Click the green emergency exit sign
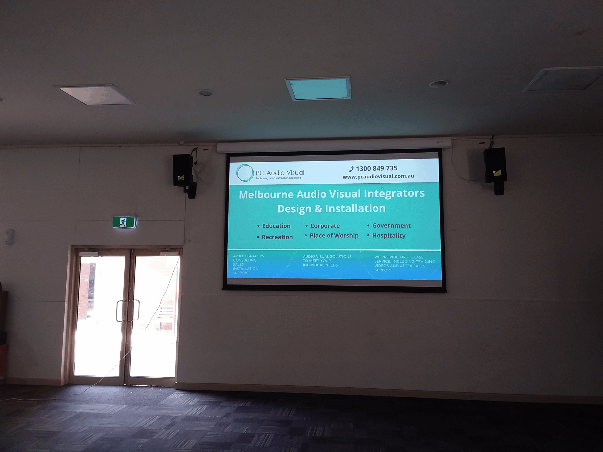[124, 222]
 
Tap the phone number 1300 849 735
[376, 168]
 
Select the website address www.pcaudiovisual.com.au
[378, 176]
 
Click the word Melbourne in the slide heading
[266, 194]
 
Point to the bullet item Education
[276, 226]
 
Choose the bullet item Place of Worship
[334, 235]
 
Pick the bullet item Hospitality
[389, 235]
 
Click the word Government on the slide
[391, 226]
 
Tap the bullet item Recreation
[277, 237]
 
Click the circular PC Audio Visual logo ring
[245, 173]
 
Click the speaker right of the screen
[495, 165]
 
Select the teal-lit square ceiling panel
[318, 88]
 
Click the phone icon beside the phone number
[351, 169]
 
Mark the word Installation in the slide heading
[355, 208]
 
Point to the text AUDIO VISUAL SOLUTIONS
[327, 256]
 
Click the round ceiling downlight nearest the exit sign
[206, 93]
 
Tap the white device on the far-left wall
[9, 236]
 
